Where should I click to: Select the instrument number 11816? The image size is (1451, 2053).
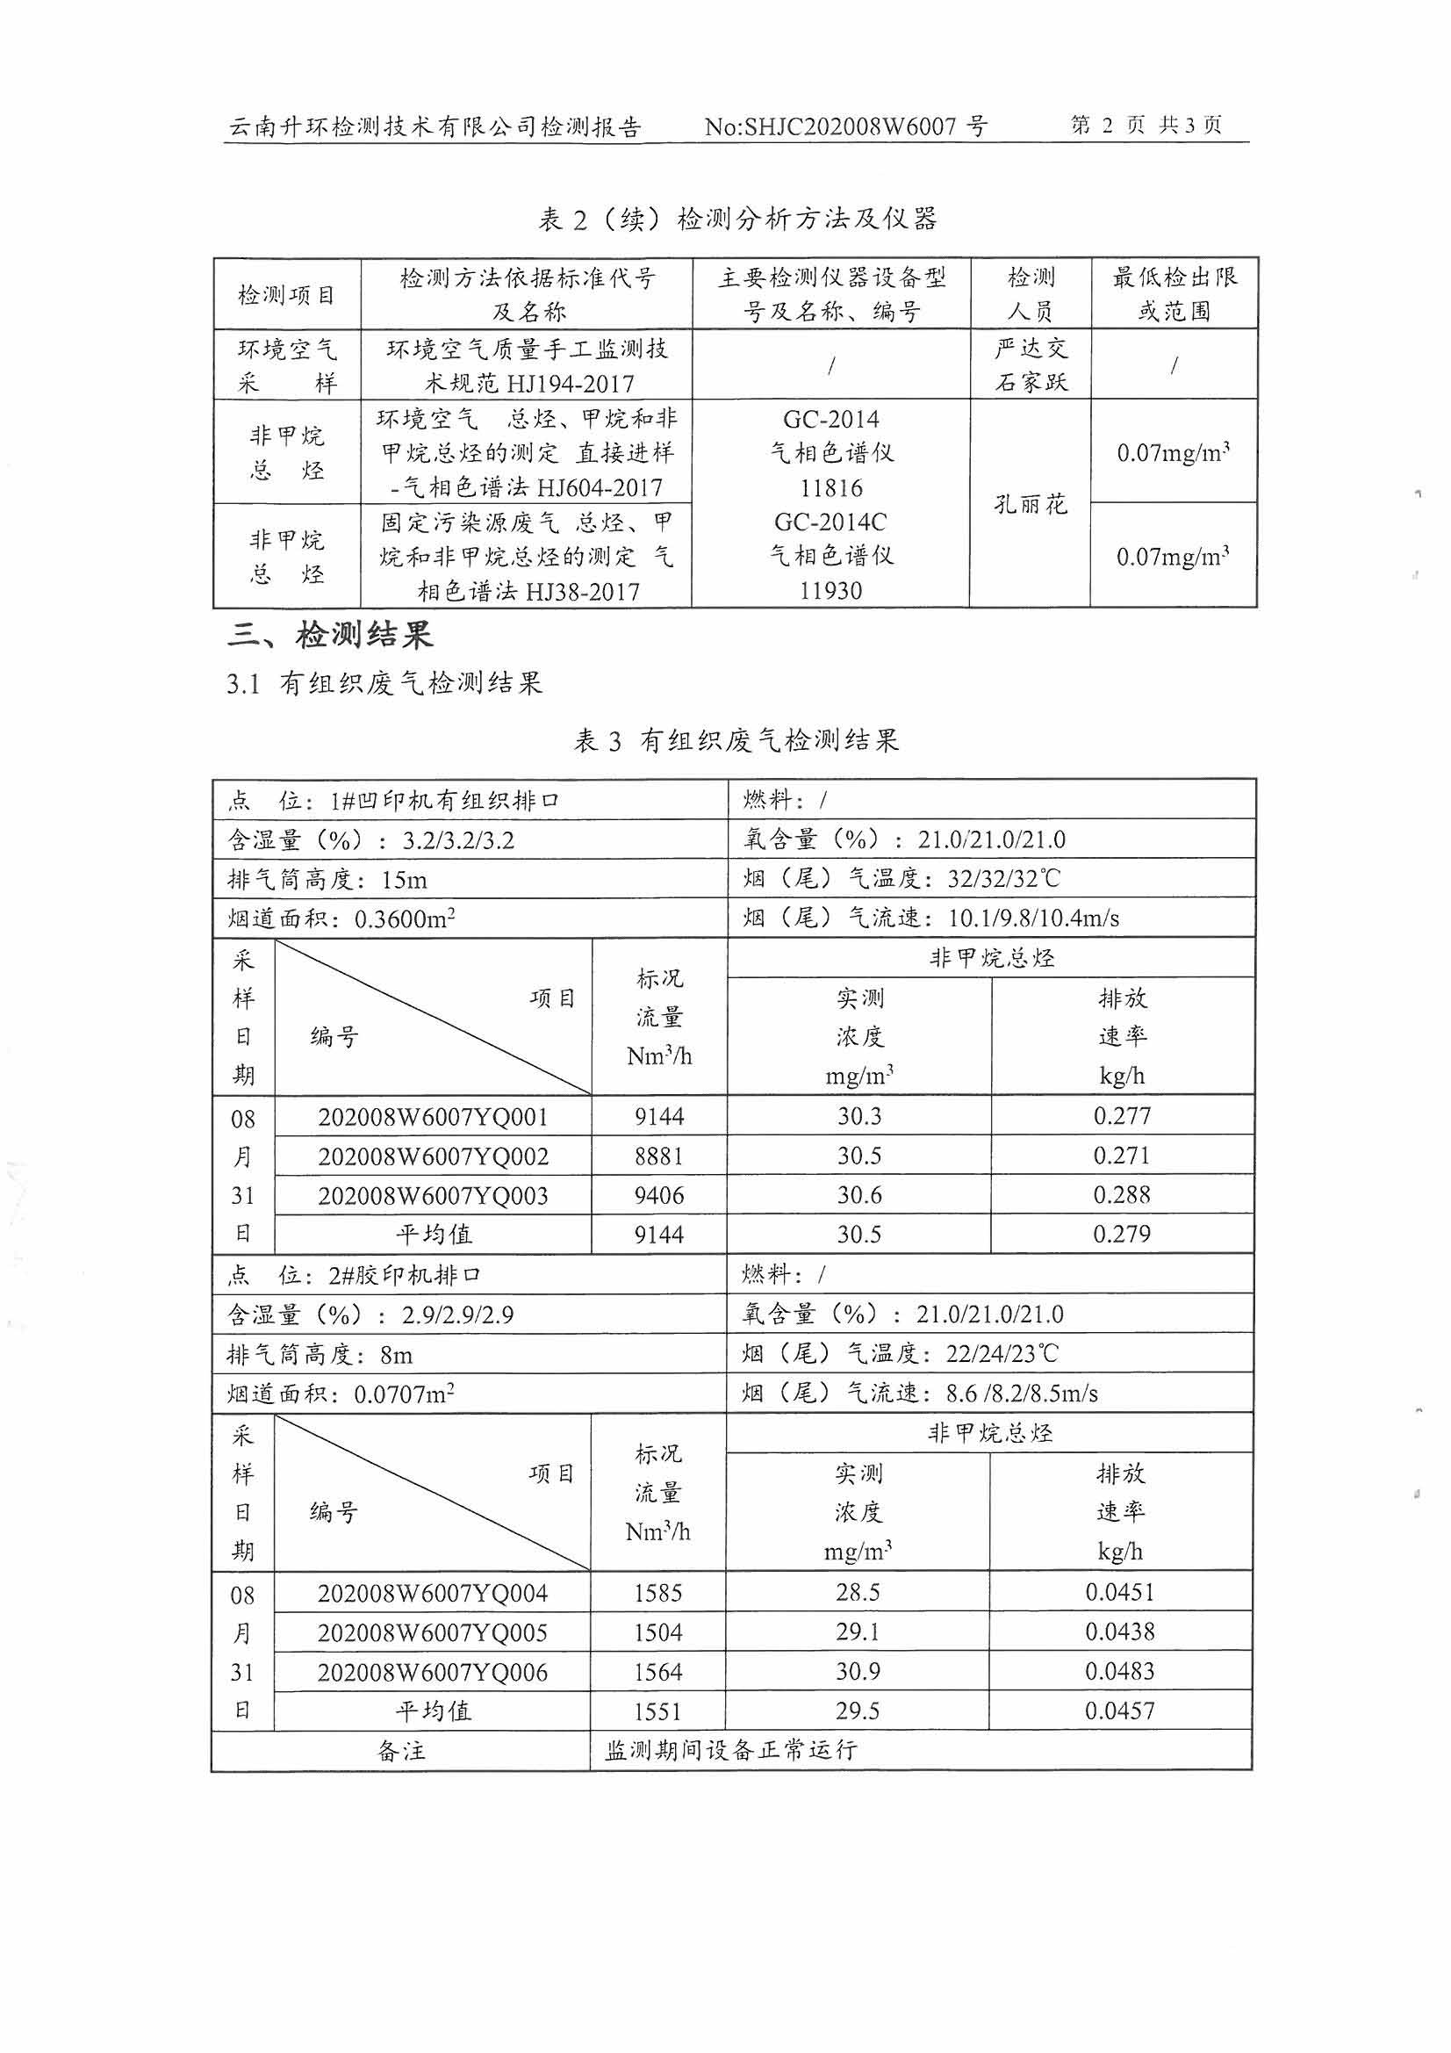click(830, 488)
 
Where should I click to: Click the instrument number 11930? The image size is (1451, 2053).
click(830, 591)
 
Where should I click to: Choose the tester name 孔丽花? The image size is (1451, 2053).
click(1031, 504)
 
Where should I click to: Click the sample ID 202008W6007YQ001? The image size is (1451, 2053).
click(433, 1117)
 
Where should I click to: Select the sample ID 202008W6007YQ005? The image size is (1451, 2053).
click(432, 1632)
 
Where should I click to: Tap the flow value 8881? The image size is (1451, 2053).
click(659, 1156)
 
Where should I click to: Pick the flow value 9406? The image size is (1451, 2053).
click(659, 1195)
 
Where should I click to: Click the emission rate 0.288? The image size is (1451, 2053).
click(1121, 1194)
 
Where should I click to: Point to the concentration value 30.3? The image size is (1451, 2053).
click(859, 1116)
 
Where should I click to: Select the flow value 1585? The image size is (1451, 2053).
click(658, 1593)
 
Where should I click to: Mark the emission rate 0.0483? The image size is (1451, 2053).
click(1119, 1671)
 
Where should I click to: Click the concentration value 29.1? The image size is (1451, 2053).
click(858, 1632)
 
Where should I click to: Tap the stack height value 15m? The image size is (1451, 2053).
click(404, 880)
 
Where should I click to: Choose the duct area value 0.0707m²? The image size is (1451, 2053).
click(404, 1394)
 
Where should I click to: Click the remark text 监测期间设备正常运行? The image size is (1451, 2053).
click(730, 1750)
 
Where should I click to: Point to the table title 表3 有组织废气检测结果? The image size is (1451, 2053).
click(736, 740)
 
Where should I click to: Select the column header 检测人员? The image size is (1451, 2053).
click(1031, 293)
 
